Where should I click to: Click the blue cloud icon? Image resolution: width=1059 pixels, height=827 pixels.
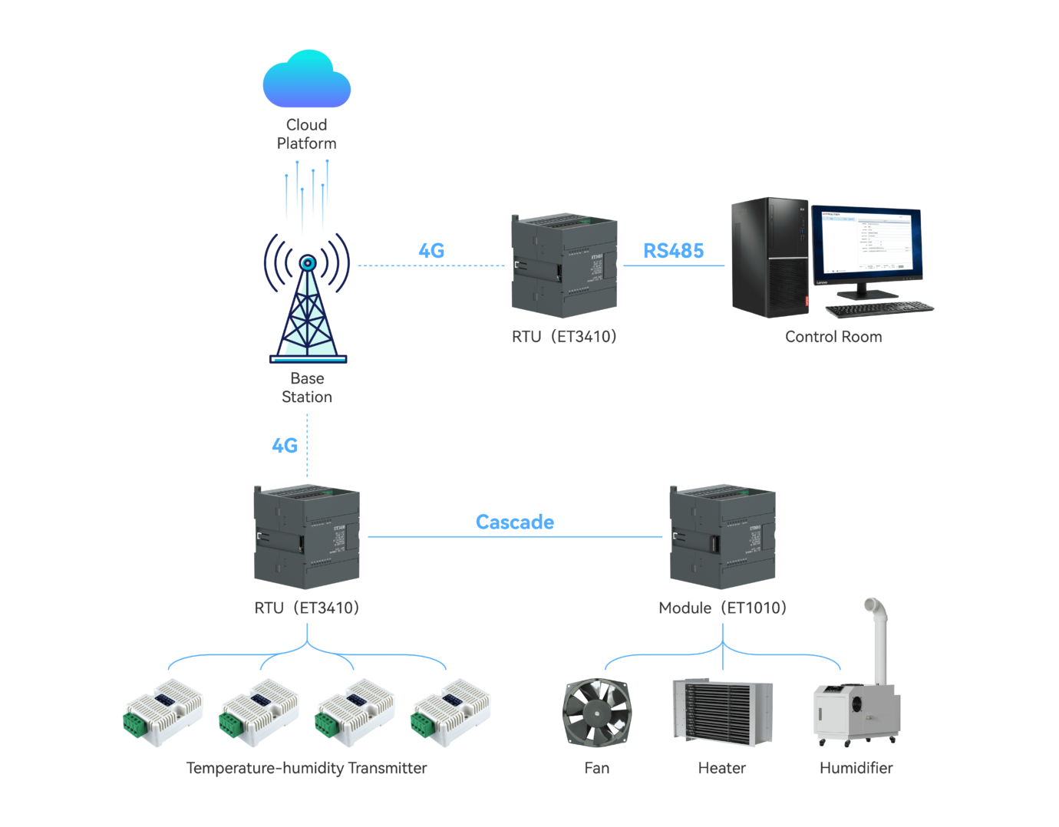(306, 81)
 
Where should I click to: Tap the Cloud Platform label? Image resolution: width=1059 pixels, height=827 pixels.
(306, 134)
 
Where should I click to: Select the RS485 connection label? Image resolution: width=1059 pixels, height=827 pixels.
(673, 251)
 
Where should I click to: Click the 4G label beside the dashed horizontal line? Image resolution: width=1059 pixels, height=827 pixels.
(431, 251)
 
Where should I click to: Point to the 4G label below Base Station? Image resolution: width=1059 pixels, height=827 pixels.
(285, 446)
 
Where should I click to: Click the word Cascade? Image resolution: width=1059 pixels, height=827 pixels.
(514, 522)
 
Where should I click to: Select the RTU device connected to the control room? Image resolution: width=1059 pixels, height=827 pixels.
(564, 266)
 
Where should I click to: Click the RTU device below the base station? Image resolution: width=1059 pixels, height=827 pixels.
(306, 537)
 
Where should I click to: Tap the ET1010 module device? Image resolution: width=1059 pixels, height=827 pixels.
(722, 537)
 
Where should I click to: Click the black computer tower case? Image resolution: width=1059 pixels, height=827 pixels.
(769, 257)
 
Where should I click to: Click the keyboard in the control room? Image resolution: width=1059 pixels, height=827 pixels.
(879, 309)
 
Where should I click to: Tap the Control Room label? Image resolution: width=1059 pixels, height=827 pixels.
(833, 337)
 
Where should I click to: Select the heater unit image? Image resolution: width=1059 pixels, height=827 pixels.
(722, 711)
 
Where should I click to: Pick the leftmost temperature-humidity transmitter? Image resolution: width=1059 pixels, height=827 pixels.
(163, 713)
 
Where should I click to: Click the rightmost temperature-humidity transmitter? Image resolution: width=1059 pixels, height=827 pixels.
(450, 713)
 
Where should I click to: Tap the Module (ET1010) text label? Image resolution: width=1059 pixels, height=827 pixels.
(722, 608)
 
